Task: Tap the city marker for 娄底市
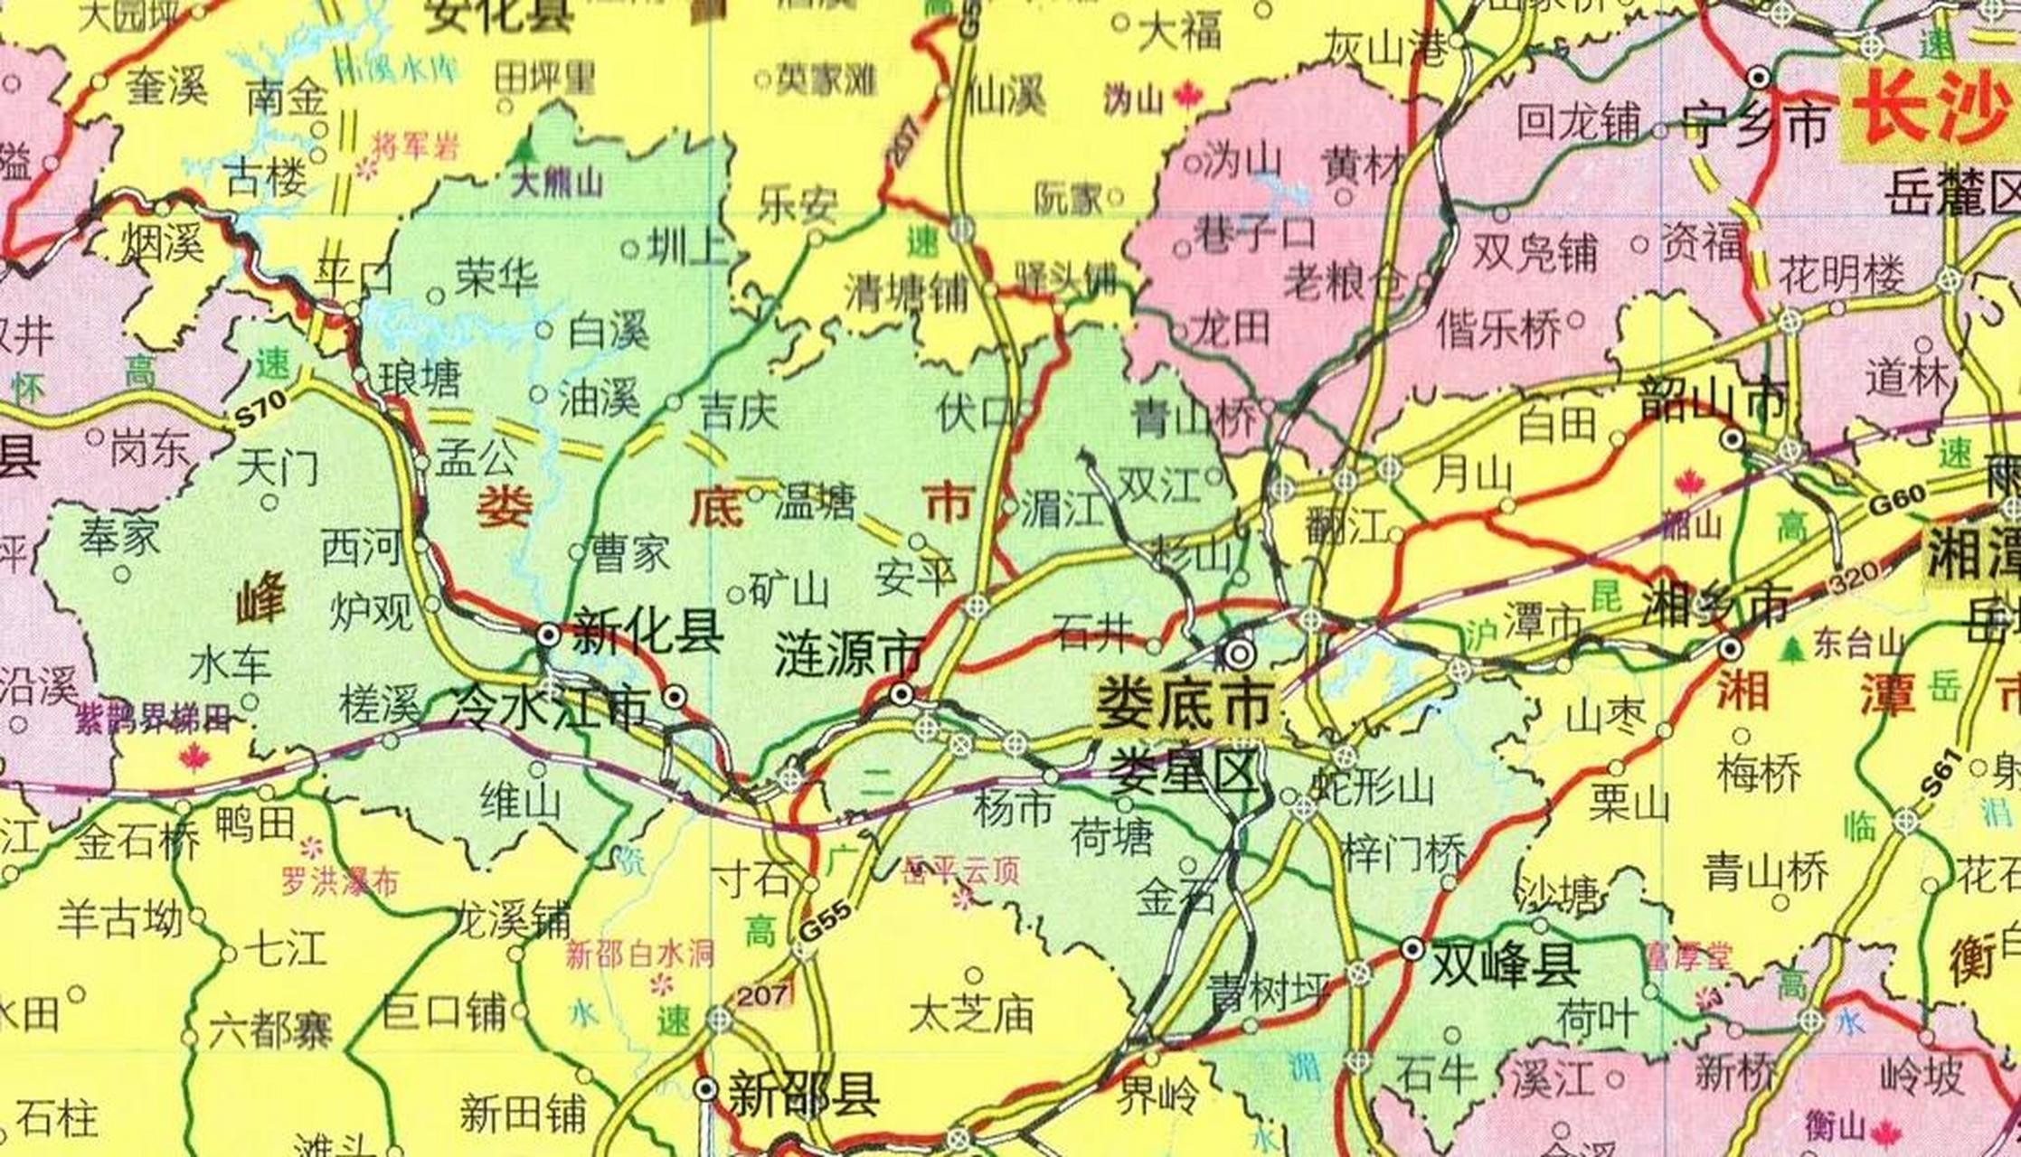pos(1239,653)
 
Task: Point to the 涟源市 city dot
pos(901,694)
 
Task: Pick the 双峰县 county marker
pos(1412,948)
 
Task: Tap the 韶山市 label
pos(1714,400)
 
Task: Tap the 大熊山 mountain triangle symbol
pos(525,149)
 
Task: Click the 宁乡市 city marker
pos(1758,78)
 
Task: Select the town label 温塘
pos(814,502)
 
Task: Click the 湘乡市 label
pos(1714,604)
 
